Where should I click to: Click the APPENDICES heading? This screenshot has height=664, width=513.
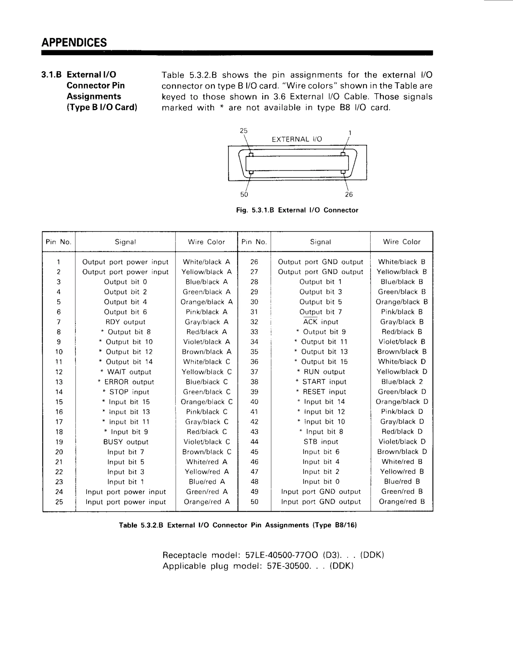(x=74, y=43)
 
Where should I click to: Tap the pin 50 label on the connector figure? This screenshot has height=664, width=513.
(x=244, y=194)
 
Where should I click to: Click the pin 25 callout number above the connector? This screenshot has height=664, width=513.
(x=243, y=131)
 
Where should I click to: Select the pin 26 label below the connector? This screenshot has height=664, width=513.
(x=349, y=194)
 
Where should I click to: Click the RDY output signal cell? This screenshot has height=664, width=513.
(x=125, y=322)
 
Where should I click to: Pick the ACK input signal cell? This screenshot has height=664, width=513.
(x=320, y=322)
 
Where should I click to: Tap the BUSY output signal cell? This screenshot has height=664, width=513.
(x=125, y=442)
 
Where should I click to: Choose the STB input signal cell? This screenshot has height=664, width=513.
(x=321, y=442)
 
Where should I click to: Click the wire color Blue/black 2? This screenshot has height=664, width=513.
(x=402, y=382)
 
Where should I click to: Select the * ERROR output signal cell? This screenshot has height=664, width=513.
(x=125, y=382)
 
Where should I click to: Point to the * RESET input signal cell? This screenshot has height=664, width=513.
(x=321, y=392)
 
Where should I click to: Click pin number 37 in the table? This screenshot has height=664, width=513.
(x=254, y=372)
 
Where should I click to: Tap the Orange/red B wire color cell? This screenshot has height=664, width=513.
(x=402, y=502)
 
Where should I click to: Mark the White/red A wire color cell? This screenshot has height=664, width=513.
(x=206, y=462)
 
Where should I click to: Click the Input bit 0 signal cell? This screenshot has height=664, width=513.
(x=321, y=482)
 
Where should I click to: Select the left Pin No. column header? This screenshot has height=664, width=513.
(x=58, y=242)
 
